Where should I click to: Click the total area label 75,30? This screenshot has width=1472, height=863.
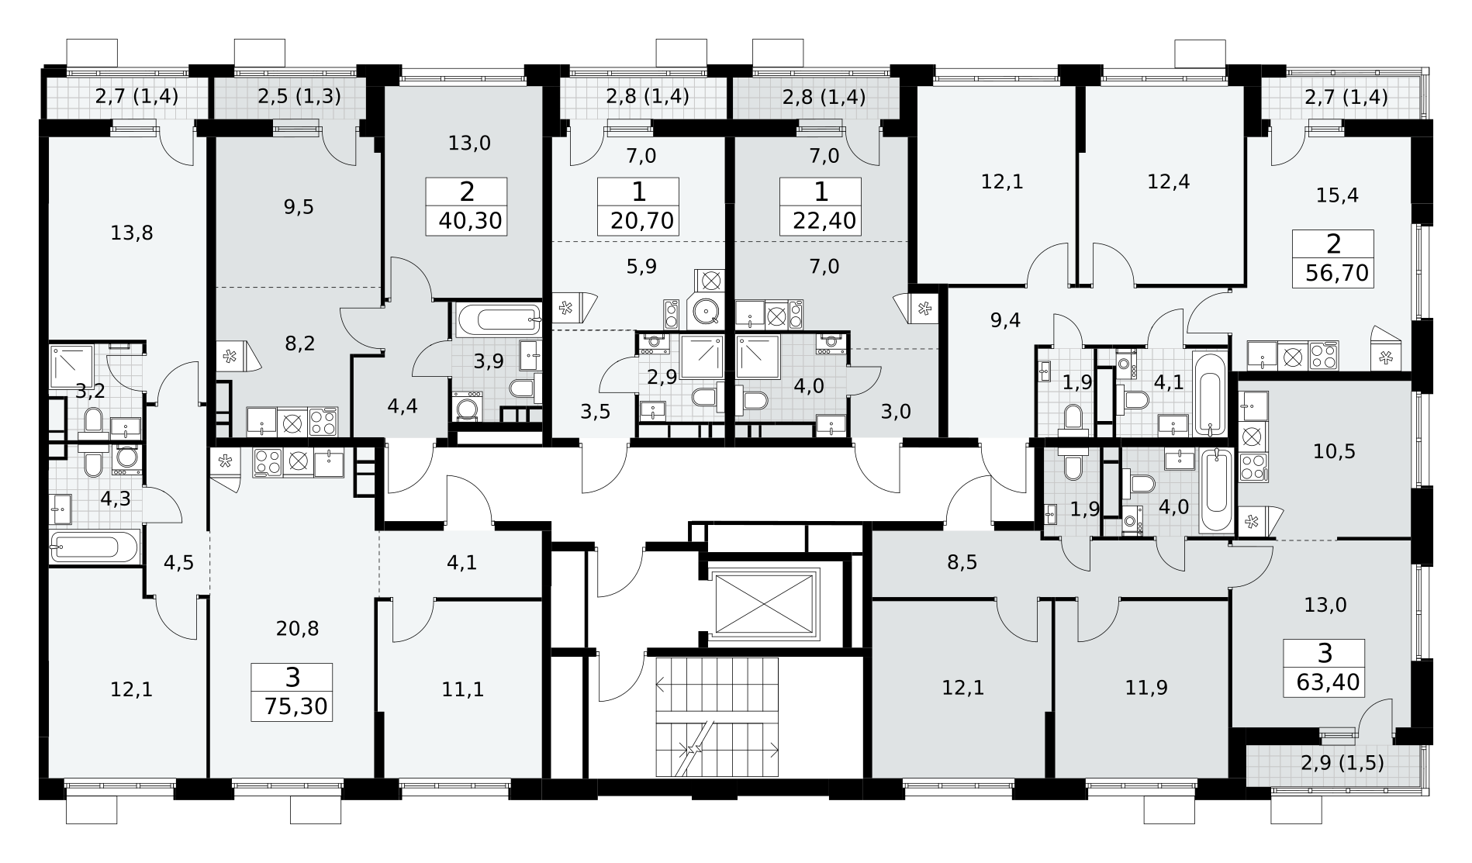click(x=295, y=707)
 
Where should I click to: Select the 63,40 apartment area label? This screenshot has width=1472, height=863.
click(x=1328, y=683)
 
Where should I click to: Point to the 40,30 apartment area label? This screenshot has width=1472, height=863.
click(x=471, y=221)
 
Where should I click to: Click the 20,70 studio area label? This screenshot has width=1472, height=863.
click(x=642, y=221)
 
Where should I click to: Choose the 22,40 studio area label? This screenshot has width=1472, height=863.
click(x=824, y=221)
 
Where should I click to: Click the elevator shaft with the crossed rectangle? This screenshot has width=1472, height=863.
click(x=765, y=602)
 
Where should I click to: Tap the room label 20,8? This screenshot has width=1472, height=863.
click(x=297, y=629)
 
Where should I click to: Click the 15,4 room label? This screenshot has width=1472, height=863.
click(x=1337, y=195)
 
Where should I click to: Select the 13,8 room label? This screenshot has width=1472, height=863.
click(x=132, y=233)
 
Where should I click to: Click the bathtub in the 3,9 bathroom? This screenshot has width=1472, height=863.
click(x=498, y=319)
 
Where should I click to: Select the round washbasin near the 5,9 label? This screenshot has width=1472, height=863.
click(x=707, y=312)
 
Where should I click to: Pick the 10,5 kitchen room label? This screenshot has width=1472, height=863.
click(x=1334, y=451)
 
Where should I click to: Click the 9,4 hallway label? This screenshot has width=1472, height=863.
click(x=1005, y=319)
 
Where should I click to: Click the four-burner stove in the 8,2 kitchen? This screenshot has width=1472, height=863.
click(x=323, y=421)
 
